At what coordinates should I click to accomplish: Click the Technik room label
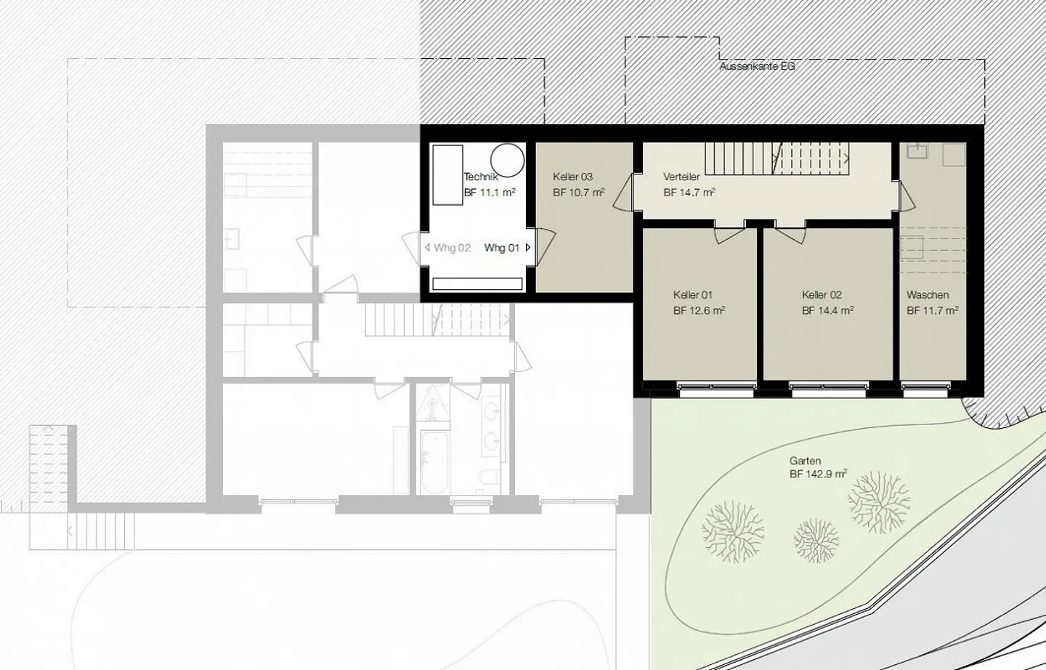click(480, 177)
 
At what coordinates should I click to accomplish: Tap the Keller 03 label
click(572, 177)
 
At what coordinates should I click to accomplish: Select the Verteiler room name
click(681, 177)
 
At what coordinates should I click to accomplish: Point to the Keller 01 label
click(692, 295)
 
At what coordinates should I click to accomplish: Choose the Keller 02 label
click(822, 295)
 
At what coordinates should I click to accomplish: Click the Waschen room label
click(928, 295)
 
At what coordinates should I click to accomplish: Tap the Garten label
click(805, 461)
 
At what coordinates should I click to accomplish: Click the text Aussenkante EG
click(757, 66)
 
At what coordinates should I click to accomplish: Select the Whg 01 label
click(502, 248)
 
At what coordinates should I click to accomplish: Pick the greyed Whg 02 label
click(452, 248)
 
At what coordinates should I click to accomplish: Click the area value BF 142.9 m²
click(818, 475)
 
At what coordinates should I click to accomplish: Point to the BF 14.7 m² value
click(689, 193)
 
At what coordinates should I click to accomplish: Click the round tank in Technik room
click(506, 160)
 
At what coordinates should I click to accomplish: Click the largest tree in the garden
click(733, 531)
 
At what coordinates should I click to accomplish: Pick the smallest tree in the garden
click(816, 541)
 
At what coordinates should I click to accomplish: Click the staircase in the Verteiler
click(777, 158)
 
